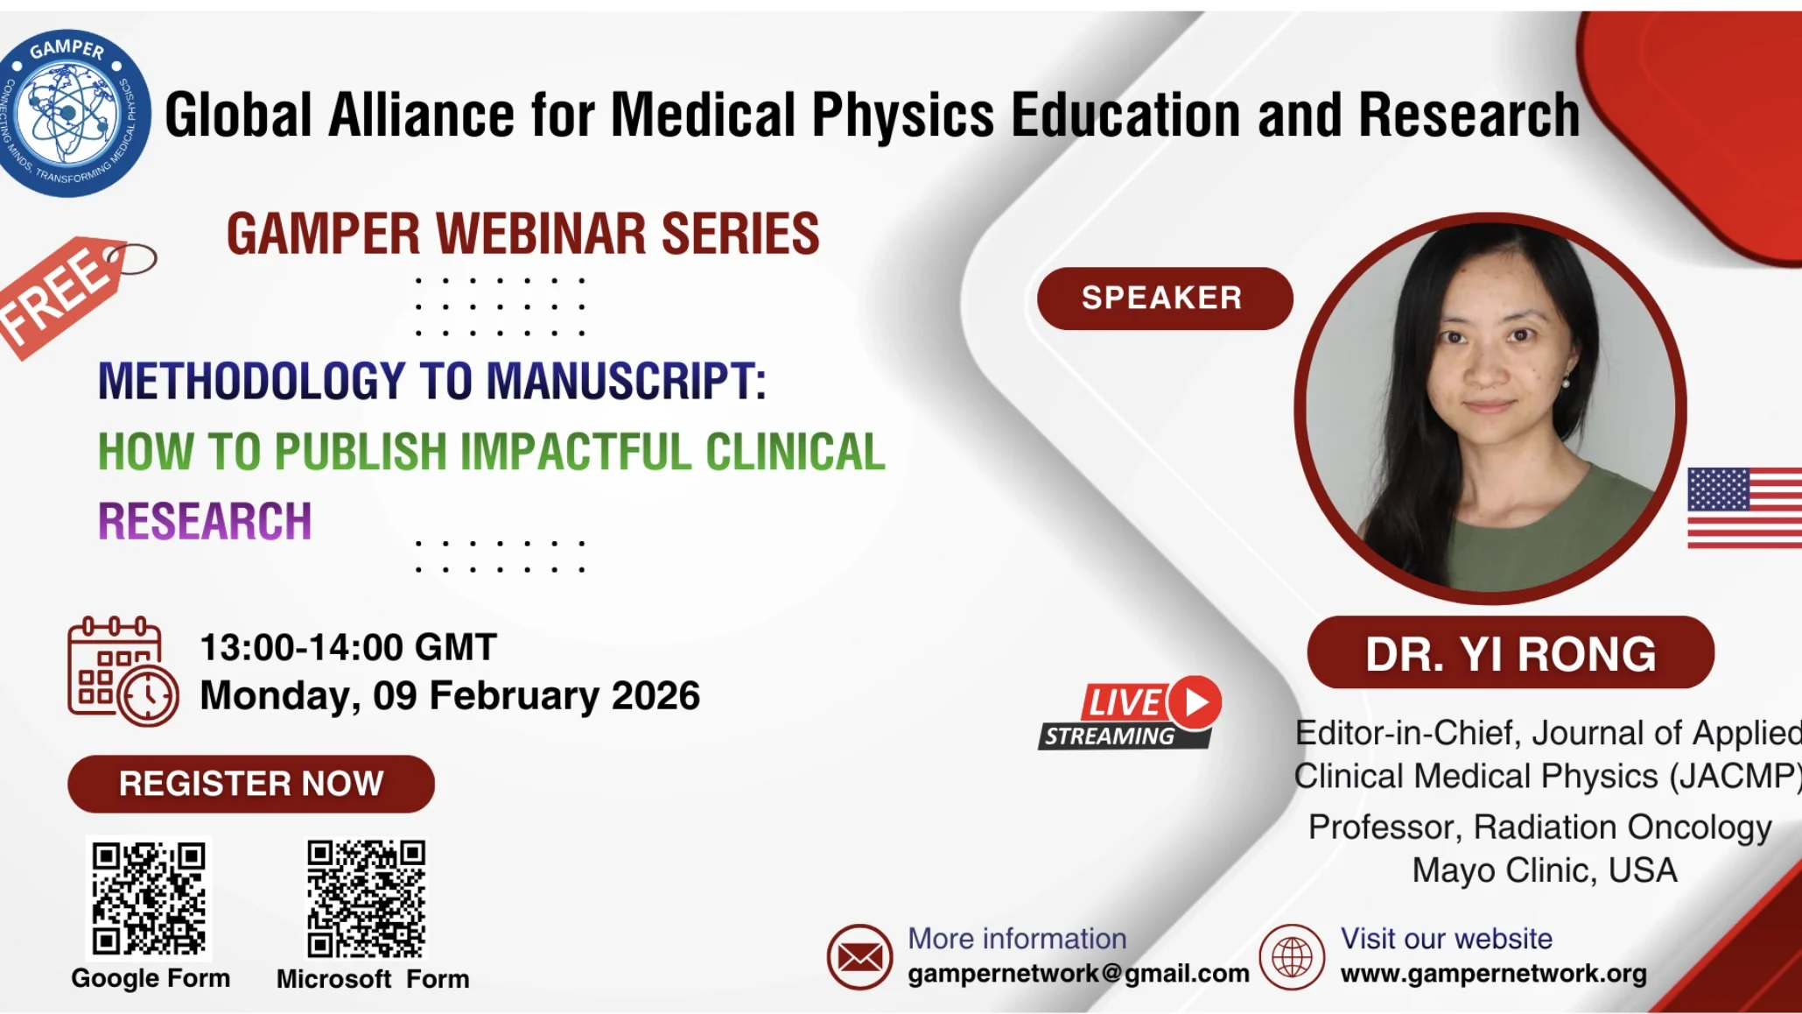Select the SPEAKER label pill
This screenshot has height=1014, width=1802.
[1165, 299]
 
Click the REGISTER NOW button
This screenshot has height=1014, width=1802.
[251, 784]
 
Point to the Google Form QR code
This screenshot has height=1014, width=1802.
[149, 898]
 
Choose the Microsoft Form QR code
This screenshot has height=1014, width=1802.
[366, 898]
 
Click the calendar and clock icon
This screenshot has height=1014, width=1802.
[123, 672]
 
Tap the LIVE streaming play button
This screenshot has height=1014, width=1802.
[1195, 702]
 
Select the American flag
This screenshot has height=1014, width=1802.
[1744, 508]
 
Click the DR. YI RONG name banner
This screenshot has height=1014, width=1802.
[1511, 653]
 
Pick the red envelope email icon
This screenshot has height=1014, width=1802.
[859, 957]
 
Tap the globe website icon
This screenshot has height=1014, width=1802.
[1292, 957]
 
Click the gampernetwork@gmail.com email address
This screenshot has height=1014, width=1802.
[1078, 974]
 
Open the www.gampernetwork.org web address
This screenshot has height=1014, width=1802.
[1493, 974]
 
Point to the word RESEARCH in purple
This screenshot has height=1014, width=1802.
[205, 522]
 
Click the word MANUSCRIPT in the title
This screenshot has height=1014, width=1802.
[626, 382]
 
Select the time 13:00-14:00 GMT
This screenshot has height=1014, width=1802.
[348, 648]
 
